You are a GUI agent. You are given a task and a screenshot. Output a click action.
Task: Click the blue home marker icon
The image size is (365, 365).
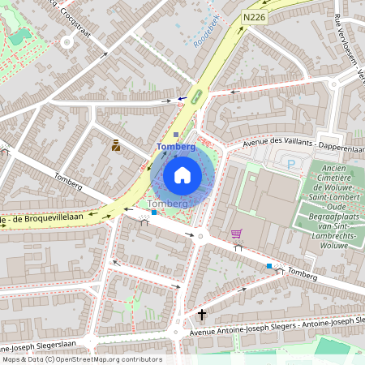[x=182, y=174]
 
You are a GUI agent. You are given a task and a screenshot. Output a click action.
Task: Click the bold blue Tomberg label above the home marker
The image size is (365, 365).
[x=176, y=147]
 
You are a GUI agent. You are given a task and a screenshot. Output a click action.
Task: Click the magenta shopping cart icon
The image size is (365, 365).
[x=236, y=234]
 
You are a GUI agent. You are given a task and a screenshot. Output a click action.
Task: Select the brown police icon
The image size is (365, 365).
[x=116, y=146]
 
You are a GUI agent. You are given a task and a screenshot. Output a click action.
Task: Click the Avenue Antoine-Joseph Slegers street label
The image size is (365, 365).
[x=276, y=327]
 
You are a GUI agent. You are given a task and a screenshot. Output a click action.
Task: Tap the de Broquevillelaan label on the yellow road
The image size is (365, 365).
[x=41, y=220]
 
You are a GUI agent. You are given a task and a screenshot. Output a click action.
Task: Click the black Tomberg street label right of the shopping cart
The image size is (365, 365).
[x=301, y=275]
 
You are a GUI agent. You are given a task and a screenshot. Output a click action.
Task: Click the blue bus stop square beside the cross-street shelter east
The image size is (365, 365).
[x=269, y=265]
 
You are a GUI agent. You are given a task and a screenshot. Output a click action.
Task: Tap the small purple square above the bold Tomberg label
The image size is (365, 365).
[x=176, y=135]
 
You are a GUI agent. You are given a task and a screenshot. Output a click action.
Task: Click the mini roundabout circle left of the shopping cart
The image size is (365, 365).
[x=200, y=236]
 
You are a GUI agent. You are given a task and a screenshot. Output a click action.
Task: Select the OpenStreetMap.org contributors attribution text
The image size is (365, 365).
[x=81, y=359]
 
